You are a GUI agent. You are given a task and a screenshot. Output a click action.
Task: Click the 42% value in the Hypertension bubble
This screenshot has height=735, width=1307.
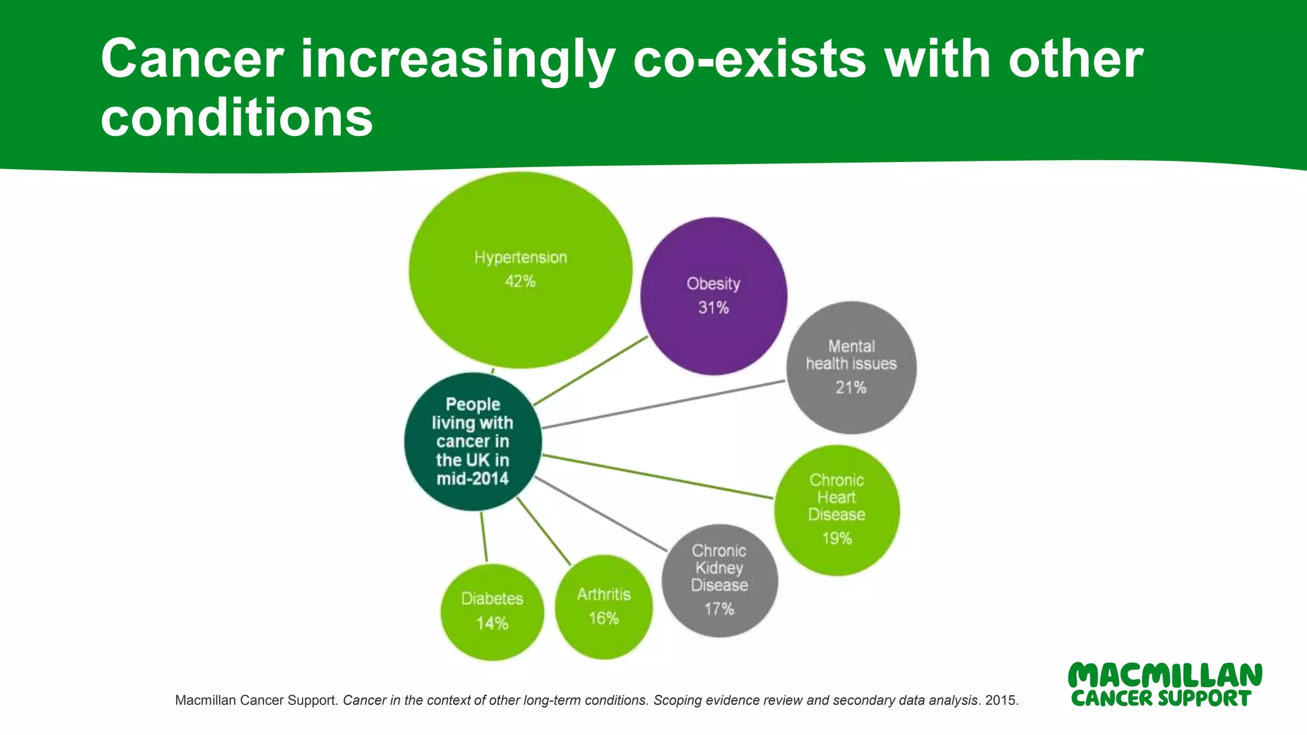520,281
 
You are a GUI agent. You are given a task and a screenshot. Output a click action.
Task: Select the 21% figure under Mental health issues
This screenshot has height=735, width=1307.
851,387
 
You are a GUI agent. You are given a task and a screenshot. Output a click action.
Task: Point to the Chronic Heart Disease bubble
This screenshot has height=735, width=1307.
837,510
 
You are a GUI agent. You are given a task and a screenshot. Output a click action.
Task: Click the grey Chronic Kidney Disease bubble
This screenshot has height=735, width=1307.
719,580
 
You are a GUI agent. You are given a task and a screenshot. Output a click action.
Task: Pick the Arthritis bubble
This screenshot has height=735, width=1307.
604,606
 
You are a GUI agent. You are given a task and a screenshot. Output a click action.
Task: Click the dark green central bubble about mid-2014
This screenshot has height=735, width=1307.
473,442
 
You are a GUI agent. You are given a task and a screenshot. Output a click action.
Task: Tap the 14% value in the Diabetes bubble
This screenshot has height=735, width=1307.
492,623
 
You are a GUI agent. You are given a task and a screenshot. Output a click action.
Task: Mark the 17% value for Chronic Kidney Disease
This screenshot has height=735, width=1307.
719,609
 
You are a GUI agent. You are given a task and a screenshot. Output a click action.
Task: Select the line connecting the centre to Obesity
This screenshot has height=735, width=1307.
590,371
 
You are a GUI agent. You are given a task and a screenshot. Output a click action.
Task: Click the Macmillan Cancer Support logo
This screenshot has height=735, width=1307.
1165,685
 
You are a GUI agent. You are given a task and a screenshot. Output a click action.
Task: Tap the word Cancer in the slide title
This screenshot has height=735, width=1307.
192,59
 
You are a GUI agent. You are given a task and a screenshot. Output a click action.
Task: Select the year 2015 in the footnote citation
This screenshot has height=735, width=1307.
1001,701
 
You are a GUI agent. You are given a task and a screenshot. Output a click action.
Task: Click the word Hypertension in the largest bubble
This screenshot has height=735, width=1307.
520,258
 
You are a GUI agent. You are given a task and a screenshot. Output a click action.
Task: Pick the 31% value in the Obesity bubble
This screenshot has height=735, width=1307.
713,308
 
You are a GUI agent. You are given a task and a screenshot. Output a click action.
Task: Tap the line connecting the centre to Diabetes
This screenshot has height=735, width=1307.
484,537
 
